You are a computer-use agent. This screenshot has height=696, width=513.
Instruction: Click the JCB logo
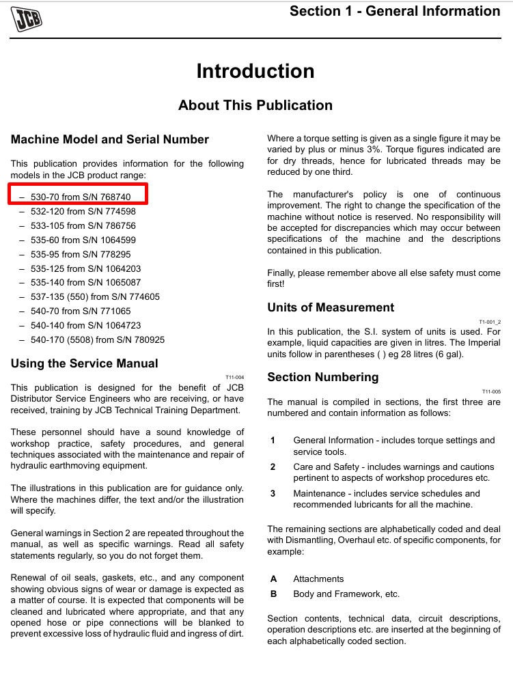point(27,18)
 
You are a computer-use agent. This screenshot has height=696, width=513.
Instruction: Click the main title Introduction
point(255,71)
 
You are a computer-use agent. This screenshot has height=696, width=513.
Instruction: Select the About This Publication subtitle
point(255,105)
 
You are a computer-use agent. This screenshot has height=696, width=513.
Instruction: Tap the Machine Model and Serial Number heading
point(110,139)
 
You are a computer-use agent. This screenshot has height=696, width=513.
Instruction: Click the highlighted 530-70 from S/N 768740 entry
point(80,197)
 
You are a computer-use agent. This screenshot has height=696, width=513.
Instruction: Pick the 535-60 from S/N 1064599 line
point(83,240)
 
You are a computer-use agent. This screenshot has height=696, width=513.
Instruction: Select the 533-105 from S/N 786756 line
point(83,225)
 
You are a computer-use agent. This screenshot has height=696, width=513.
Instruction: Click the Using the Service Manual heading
point(85,363)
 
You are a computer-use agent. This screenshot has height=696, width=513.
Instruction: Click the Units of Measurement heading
point(331,307)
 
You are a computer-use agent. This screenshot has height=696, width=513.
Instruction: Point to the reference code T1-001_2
point(490,322)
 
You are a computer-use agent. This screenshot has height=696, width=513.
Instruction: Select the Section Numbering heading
point(322,377)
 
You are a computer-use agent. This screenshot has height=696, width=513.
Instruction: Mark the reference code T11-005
point(491,391)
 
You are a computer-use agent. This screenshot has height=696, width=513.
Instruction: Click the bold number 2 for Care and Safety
point(273,467)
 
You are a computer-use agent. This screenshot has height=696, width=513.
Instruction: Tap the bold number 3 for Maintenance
point(273,493)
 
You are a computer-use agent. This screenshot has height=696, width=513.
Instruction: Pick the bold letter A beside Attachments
point(273,579)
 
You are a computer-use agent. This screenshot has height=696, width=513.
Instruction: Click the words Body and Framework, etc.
point(346,594)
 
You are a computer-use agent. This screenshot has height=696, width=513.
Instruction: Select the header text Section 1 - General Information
point(395,11)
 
